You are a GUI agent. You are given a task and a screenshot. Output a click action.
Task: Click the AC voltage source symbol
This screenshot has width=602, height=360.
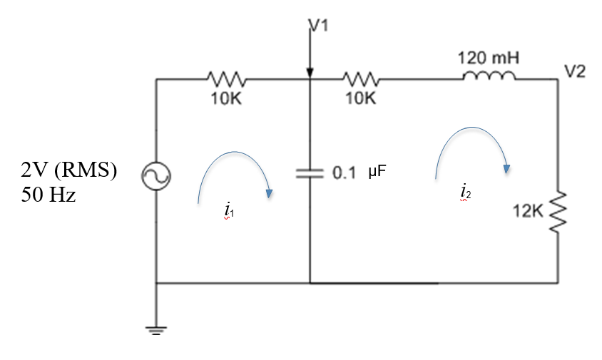(156, 177)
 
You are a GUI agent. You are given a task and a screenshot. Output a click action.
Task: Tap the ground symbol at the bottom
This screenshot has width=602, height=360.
(156, 329)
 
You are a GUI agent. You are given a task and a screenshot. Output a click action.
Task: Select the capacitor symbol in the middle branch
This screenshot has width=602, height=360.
(310, 173)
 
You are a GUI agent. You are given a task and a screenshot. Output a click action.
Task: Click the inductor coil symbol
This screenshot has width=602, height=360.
(489, 76)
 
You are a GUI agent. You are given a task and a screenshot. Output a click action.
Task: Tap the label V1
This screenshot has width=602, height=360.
(320, 28)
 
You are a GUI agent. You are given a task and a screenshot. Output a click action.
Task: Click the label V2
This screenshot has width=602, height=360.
(574, 72)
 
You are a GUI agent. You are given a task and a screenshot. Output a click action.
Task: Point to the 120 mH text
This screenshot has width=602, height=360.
(489, 57)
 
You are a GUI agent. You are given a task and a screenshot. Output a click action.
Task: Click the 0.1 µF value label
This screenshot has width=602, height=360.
(360, 173)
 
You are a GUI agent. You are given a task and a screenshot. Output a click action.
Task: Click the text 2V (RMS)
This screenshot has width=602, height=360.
(68, 171)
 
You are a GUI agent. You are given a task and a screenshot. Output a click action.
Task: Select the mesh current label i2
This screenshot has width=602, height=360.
(465, 192)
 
